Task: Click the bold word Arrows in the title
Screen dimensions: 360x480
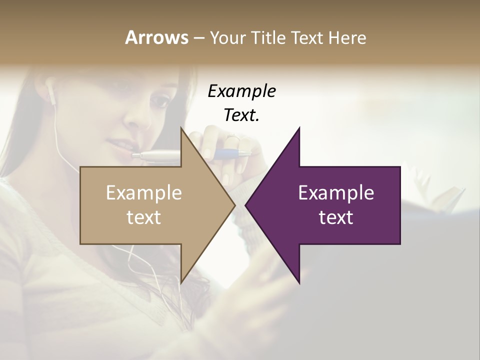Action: [x=156, y=37]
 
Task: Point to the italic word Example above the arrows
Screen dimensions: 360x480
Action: [x=241, y=91]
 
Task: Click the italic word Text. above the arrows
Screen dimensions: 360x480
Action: [x=241, y=115]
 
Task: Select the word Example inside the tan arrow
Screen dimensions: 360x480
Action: [x=144, y=193]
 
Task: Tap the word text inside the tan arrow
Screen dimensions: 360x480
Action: [x=144, y=217]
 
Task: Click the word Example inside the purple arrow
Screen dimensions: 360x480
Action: [x=336, y=193]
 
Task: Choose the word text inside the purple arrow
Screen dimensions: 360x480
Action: [x=336, y=217]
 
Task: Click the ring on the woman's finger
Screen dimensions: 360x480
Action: [x=233, y=137]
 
